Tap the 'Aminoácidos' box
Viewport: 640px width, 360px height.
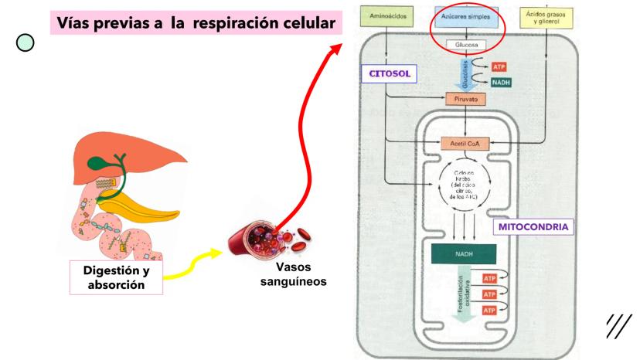pyautogui.click(x=389, y=16)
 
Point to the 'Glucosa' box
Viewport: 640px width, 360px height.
pyautogui.click(x=465, y=45)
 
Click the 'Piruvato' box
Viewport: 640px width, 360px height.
pyautogui.click(x=465, y=99)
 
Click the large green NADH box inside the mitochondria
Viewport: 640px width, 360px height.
pyautogui.click(x=465, y=252)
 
